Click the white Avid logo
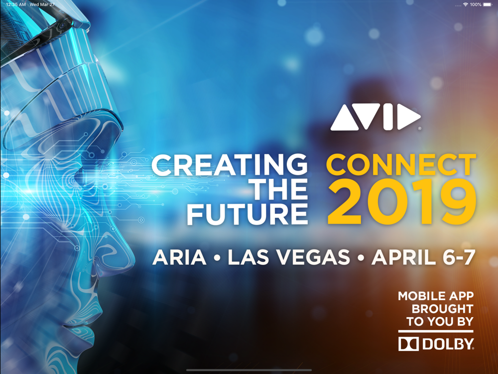point(375,117)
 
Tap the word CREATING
point(230,165)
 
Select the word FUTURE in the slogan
point(247,214)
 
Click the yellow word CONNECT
point(401,165)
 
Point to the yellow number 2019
point(402,201)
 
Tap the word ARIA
point(179,257)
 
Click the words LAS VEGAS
point(289,257)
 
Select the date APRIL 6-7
point(423,257)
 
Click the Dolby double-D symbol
point(408,344)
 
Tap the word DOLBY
point(448,344)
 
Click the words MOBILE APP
point(436,296)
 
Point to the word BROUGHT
point(442,309)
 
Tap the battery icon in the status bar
point(488,4)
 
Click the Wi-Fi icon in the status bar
point(466,4)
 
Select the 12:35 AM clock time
point(16,4)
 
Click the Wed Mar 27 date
point(42,4)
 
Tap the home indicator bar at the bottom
point(249,370)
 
